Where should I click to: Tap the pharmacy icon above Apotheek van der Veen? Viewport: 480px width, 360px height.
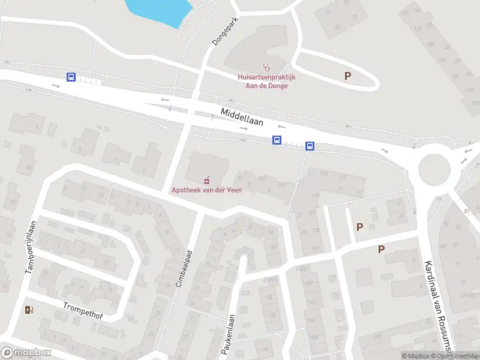point(208,179)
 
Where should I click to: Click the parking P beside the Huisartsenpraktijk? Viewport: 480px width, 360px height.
point(347,76)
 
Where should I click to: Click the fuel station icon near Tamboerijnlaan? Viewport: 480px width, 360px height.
point(29,310)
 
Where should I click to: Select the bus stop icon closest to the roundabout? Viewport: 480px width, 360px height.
point(310,146)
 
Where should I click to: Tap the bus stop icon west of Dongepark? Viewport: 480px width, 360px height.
point(71,77)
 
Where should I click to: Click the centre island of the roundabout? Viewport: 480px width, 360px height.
point(434,170)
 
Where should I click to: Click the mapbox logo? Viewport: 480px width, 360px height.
point(26,353)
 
